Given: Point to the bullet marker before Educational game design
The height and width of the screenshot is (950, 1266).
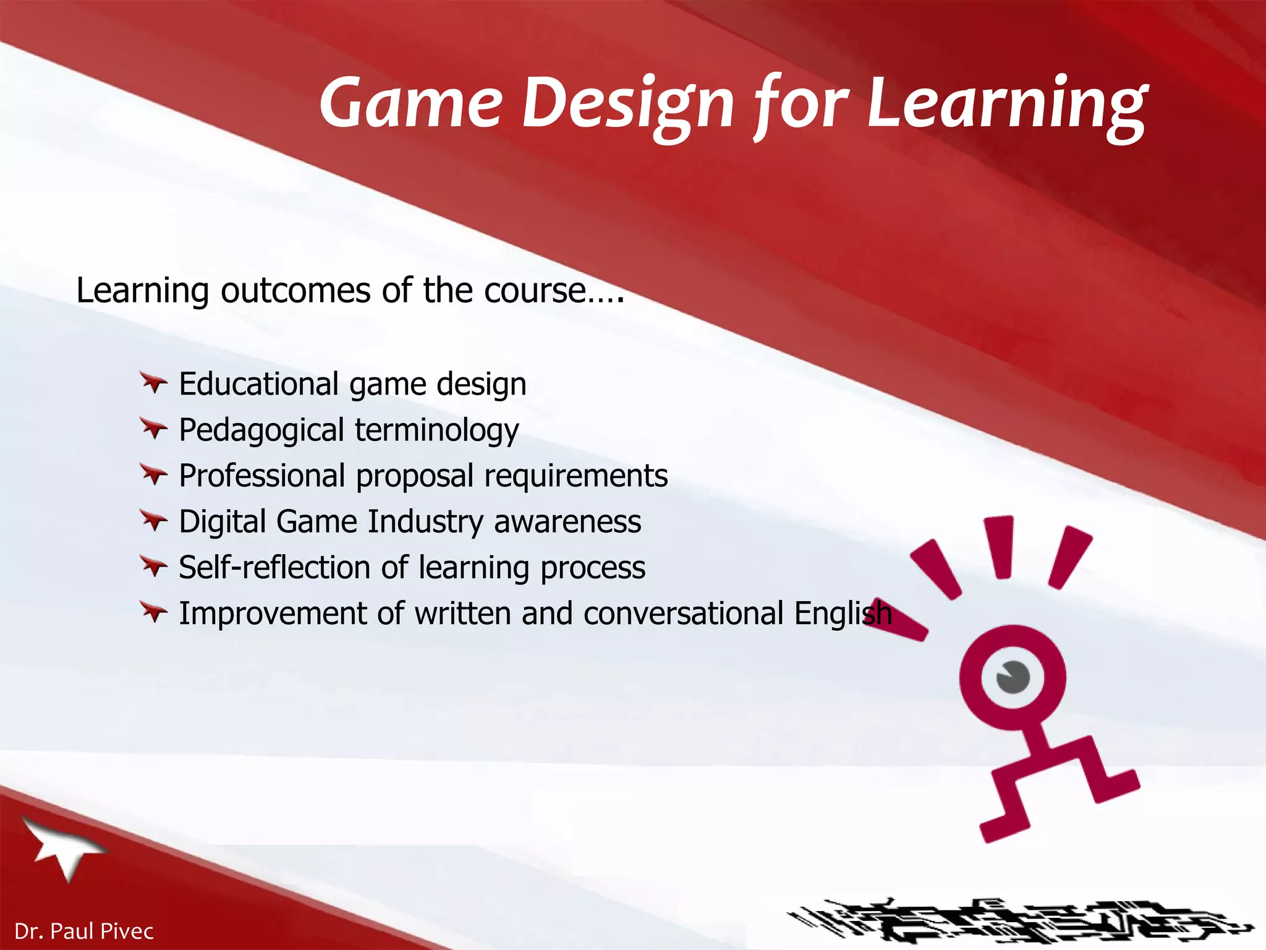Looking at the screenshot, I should coord(153,383).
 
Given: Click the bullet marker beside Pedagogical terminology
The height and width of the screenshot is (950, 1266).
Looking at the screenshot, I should coord(153,429).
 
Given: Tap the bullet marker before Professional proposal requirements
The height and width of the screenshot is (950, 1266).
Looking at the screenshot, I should coord(153,474).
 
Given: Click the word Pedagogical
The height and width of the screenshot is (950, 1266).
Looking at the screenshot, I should coord(261,430).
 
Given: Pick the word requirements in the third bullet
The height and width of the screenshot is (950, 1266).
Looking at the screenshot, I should coord(576,476).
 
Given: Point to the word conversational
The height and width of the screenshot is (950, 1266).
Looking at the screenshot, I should coord(683,613).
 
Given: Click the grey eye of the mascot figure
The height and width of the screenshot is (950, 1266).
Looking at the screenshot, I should coord(1013,677).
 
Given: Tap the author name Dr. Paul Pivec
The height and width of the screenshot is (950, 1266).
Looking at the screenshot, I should coord(84,931).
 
